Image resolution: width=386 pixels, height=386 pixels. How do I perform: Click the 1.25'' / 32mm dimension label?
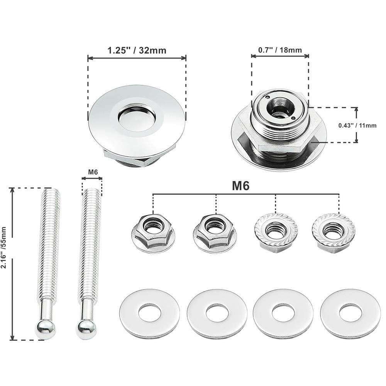click(137, 50)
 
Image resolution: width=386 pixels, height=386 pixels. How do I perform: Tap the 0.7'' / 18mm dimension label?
click(280, 50)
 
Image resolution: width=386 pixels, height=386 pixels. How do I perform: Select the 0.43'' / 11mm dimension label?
click(357, 125)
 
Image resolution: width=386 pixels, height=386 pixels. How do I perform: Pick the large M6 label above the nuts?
click(240, 185)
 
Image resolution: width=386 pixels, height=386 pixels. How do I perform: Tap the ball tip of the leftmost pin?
click(46, 329)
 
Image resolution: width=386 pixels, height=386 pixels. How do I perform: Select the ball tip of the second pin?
click(86, 328)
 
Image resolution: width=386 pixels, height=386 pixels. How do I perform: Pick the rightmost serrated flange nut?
click(333, 231)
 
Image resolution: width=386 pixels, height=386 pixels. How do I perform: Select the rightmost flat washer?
click(350, 313)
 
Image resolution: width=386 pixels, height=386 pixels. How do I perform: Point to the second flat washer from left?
click(217, 313)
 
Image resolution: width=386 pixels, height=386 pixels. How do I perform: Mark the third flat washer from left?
click(284, 313)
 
